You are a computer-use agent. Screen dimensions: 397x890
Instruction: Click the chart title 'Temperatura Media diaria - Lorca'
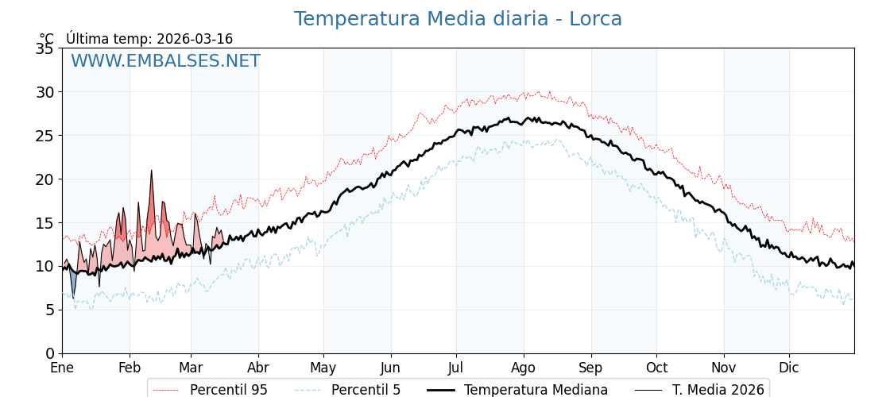[458, 19]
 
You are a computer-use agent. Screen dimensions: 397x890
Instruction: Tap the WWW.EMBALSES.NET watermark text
[165, 61]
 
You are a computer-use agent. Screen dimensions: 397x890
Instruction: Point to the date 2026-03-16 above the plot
[195, 39]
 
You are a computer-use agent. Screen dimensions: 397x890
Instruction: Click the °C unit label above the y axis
[47, 39]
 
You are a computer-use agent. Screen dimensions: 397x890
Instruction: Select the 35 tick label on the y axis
[44, 48]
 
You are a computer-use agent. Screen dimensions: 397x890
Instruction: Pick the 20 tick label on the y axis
[44, 179]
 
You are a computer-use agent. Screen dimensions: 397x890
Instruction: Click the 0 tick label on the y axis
[49, 353]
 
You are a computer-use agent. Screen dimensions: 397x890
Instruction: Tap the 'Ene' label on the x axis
[62, 368]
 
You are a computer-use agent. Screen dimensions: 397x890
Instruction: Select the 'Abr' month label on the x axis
[258, 368]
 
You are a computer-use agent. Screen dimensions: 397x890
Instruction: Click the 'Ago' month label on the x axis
[524, 368]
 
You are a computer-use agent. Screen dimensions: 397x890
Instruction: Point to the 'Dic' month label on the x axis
[789, 368]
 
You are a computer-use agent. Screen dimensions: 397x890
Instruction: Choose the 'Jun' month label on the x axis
[390, 368]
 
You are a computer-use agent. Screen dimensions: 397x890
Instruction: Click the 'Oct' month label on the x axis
[656, 368]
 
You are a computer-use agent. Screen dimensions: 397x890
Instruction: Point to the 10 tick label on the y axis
[44, 266]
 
